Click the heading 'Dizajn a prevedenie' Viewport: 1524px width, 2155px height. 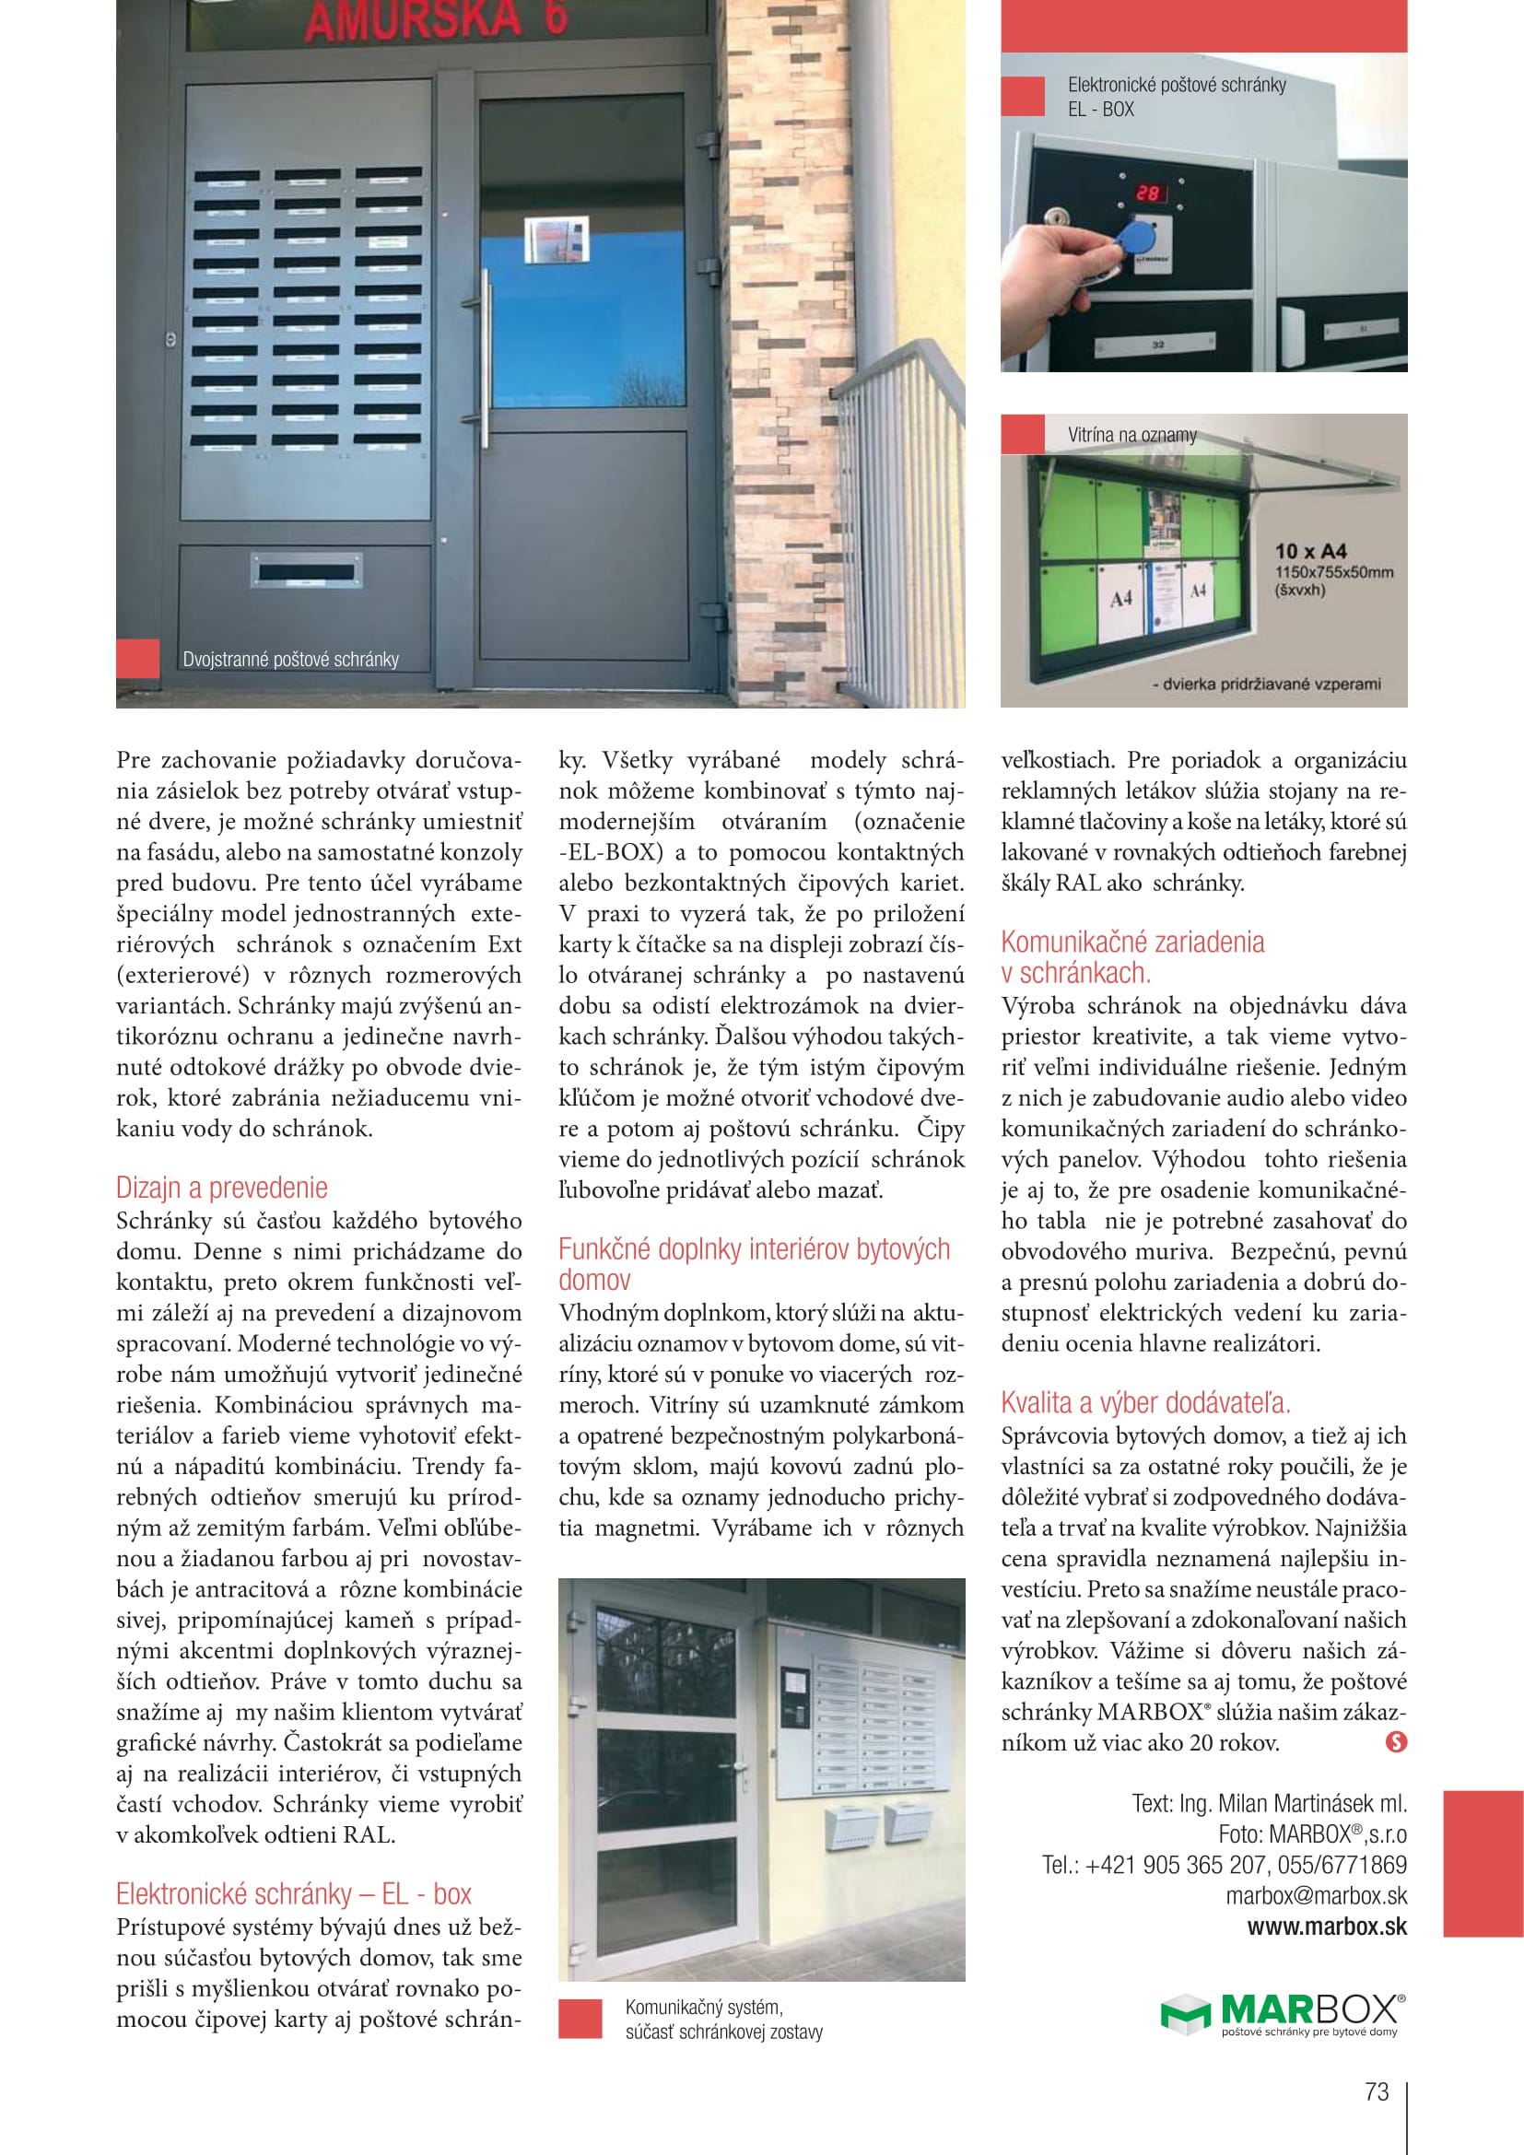tap(221, 1188)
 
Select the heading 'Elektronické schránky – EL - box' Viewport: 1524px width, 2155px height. tap(294, 1893)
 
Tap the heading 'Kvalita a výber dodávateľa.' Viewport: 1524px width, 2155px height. tap(1146, 1402)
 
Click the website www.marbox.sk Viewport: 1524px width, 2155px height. tap(1327, 1927)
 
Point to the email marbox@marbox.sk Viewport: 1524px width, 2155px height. tap(1316, 1896)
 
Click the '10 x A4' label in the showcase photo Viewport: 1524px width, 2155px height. tap(1310, 551)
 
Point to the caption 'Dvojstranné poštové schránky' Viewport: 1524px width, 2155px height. tap(291, 659)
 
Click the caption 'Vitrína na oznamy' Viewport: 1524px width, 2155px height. tap(1131, 435)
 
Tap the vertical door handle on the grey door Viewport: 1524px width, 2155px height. tap(487, 345)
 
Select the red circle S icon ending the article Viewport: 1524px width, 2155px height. tap(1396, 1742)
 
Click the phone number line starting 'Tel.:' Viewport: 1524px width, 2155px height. tap(1224, 1865)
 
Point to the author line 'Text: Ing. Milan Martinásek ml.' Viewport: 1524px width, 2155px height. tap(1269, 1803)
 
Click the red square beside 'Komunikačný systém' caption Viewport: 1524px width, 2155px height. tap(580, 2019)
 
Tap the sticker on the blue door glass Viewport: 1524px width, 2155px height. tap(556, 240)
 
